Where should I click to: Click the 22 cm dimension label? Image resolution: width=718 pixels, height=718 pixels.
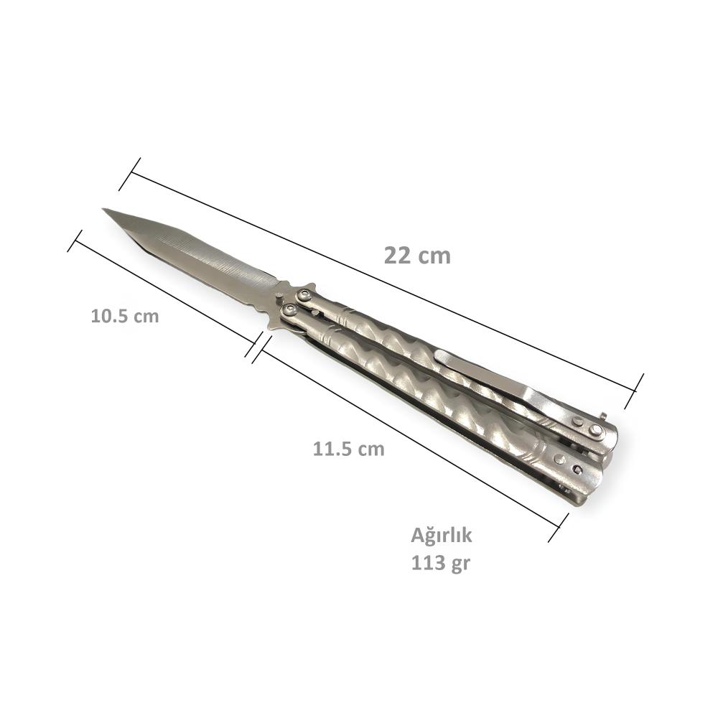(x=417, y=256)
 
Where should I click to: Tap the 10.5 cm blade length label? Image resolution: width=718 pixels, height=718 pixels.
(x=124, y=316)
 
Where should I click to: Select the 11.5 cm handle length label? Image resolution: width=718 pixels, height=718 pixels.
(x=348, y=449)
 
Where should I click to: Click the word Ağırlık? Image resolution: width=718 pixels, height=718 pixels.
(x=441, y=536)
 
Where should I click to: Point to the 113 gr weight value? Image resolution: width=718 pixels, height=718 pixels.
(x=441, y=563)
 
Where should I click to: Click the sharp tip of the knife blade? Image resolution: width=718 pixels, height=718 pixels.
(x=103, y=209)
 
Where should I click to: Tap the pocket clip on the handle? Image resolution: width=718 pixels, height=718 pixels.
(x=522, y=387)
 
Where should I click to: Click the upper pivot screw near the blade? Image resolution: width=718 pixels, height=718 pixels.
(x=303, y=294)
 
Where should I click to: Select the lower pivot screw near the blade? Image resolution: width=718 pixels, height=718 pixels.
(x=289, y=312)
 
